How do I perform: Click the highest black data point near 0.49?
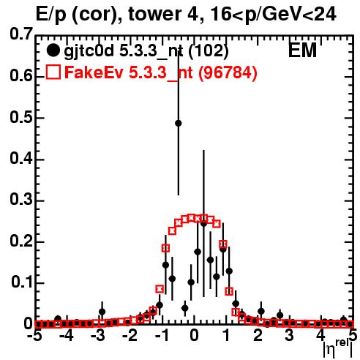pyautogui.click(x=179, y=123)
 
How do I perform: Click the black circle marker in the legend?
pyautogui.click(x=53, y=50)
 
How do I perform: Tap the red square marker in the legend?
pyautogui.click(x=53, y=72)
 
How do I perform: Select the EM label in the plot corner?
pyautogui.click(x=302, y=50)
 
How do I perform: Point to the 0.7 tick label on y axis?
pyautogui.click(x=21, y=34)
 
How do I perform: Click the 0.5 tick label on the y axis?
pyautogui.click(x=21, y=117)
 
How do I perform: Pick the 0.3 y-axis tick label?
pyautogui.click(x=21, y=199)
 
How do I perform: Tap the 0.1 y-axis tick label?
pyautogui.click(x=21, y=282)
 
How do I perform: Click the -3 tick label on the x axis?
pyautogui.click(x=98, y=335)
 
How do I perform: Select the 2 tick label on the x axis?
pyautogui.click(x=258, y=335)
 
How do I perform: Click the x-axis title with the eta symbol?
pyautogui.click(x=338, y=350)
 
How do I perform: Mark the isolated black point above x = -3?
pyautogui.click(x=102, y=312)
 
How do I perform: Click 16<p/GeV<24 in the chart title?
pyautogui.click(x=273, y=14)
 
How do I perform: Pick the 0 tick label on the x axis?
pyautogui.click(x=194, y=335)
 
